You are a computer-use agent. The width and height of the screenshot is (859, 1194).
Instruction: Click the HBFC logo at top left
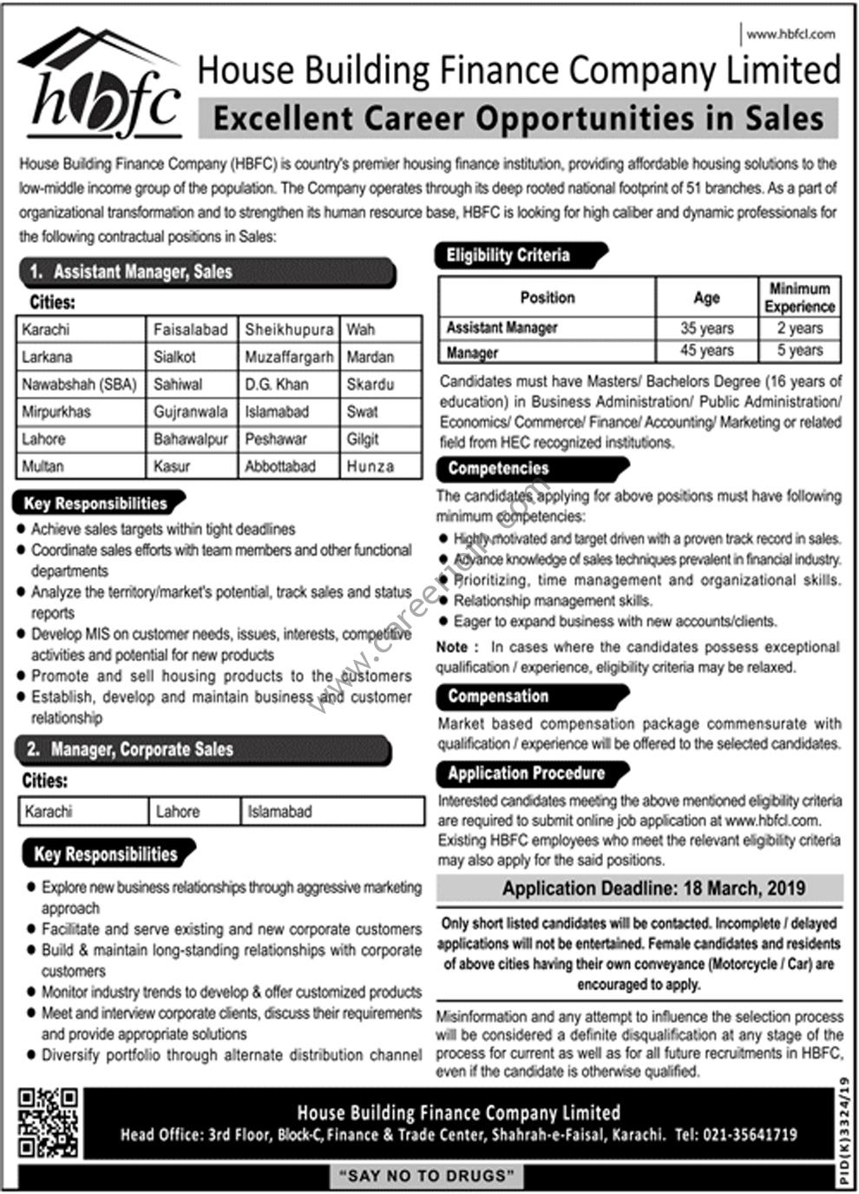pyautogui.click(x=100, y=87)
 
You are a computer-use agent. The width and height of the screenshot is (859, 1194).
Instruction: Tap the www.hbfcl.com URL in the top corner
pyautogui.click(x=790, y=35)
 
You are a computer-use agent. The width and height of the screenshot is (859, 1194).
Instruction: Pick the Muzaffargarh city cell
pyautogui.click(x=289, y=357)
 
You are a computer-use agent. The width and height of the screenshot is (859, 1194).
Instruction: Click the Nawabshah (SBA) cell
pyautogui.click(x=80, y=384)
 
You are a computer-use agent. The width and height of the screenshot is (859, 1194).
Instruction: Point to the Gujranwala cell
pyautogui.click(x=191, y=412)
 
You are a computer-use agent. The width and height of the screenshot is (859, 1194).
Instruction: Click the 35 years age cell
pyautogui.click(x=706, y=328)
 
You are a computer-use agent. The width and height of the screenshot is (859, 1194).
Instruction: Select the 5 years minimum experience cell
pyautogui.click(x=799, y=350)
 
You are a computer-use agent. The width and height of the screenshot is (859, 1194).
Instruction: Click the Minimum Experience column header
pyautogui.click(x=799, y=297)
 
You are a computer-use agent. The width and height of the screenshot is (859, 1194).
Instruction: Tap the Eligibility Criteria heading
pyautogui.click(x=508, y=255)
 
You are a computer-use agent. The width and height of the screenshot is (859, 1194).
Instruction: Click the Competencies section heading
pyautogui.click(x=499, y=469)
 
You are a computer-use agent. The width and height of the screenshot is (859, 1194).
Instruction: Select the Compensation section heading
pyautogui.click(x=499, y=696)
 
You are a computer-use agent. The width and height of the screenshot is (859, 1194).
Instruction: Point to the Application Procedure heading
pyautogui.click(x=527, y=773)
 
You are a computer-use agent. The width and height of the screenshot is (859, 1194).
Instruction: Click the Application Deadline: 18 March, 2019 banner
pyautogui.click(x=639, y=888)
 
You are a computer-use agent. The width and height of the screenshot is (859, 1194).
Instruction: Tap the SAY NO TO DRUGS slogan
pyautogui.click(x=426, y=1177)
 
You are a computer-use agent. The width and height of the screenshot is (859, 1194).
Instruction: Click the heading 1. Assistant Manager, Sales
pyautogui.click(x=143, y=272)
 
